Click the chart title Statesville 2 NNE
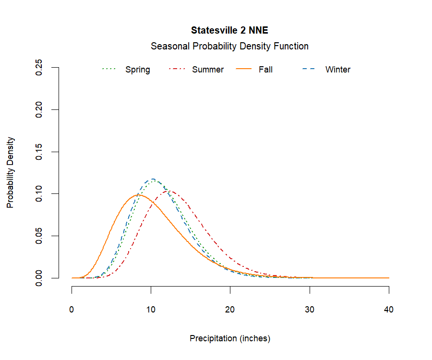pyautogui.click(x=229, y=30)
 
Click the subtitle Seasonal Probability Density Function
pyautogui.click(x=229, y=46)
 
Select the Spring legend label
pyautogui.click(x=137, y=70)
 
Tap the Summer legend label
pyautogui.click(x=208, y=70)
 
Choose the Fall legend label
pyautogui.click(x=265, y=70)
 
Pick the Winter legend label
pyautogui.click(x=338, y=70)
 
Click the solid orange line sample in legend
pyautogui.click(x=245, y=70)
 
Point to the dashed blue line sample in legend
pyautogui.click(x=308, y=70)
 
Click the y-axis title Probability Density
pyautogui.click(x=10, y=172)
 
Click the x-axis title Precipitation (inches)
pyautogui.click(x=230, y=338)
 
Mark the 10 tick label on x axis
pyautogui.click(x=151, y=310)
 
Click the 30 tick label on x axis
pyautogui.click(x=310, y=310)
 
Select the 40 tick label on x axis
pyautogui.click(x=389, y=310)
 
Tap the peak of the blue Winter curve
pyautogui.click(x=152, y=179)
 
